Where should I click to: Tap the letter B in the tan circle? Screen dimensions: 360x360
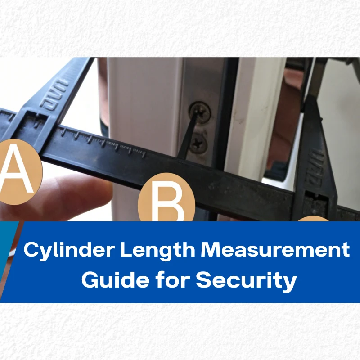tap(166, 202)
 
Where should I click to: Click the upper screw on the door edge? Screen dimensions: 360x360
tap(199, 112)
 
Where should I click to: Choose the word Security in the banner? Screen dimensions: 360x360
tap(246, 280)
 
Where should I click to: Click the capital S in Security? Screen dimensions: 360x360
tap(203, 280)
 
